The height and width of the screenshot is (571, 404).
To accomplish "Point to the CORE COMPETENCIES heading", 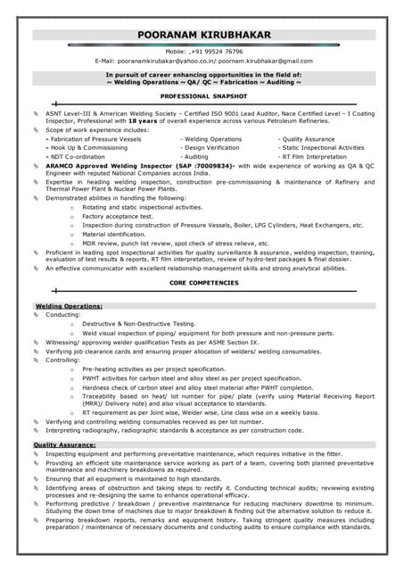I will pos(203,282).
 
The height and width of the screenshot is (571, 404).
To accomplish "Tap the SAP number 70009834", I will pos(213,167).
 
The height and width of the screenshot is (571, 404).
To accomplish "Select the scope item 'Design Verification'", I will pos(210,148).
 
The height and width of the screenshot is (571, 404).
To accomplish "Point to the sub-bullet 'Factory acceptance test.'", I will pos(118,216).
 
